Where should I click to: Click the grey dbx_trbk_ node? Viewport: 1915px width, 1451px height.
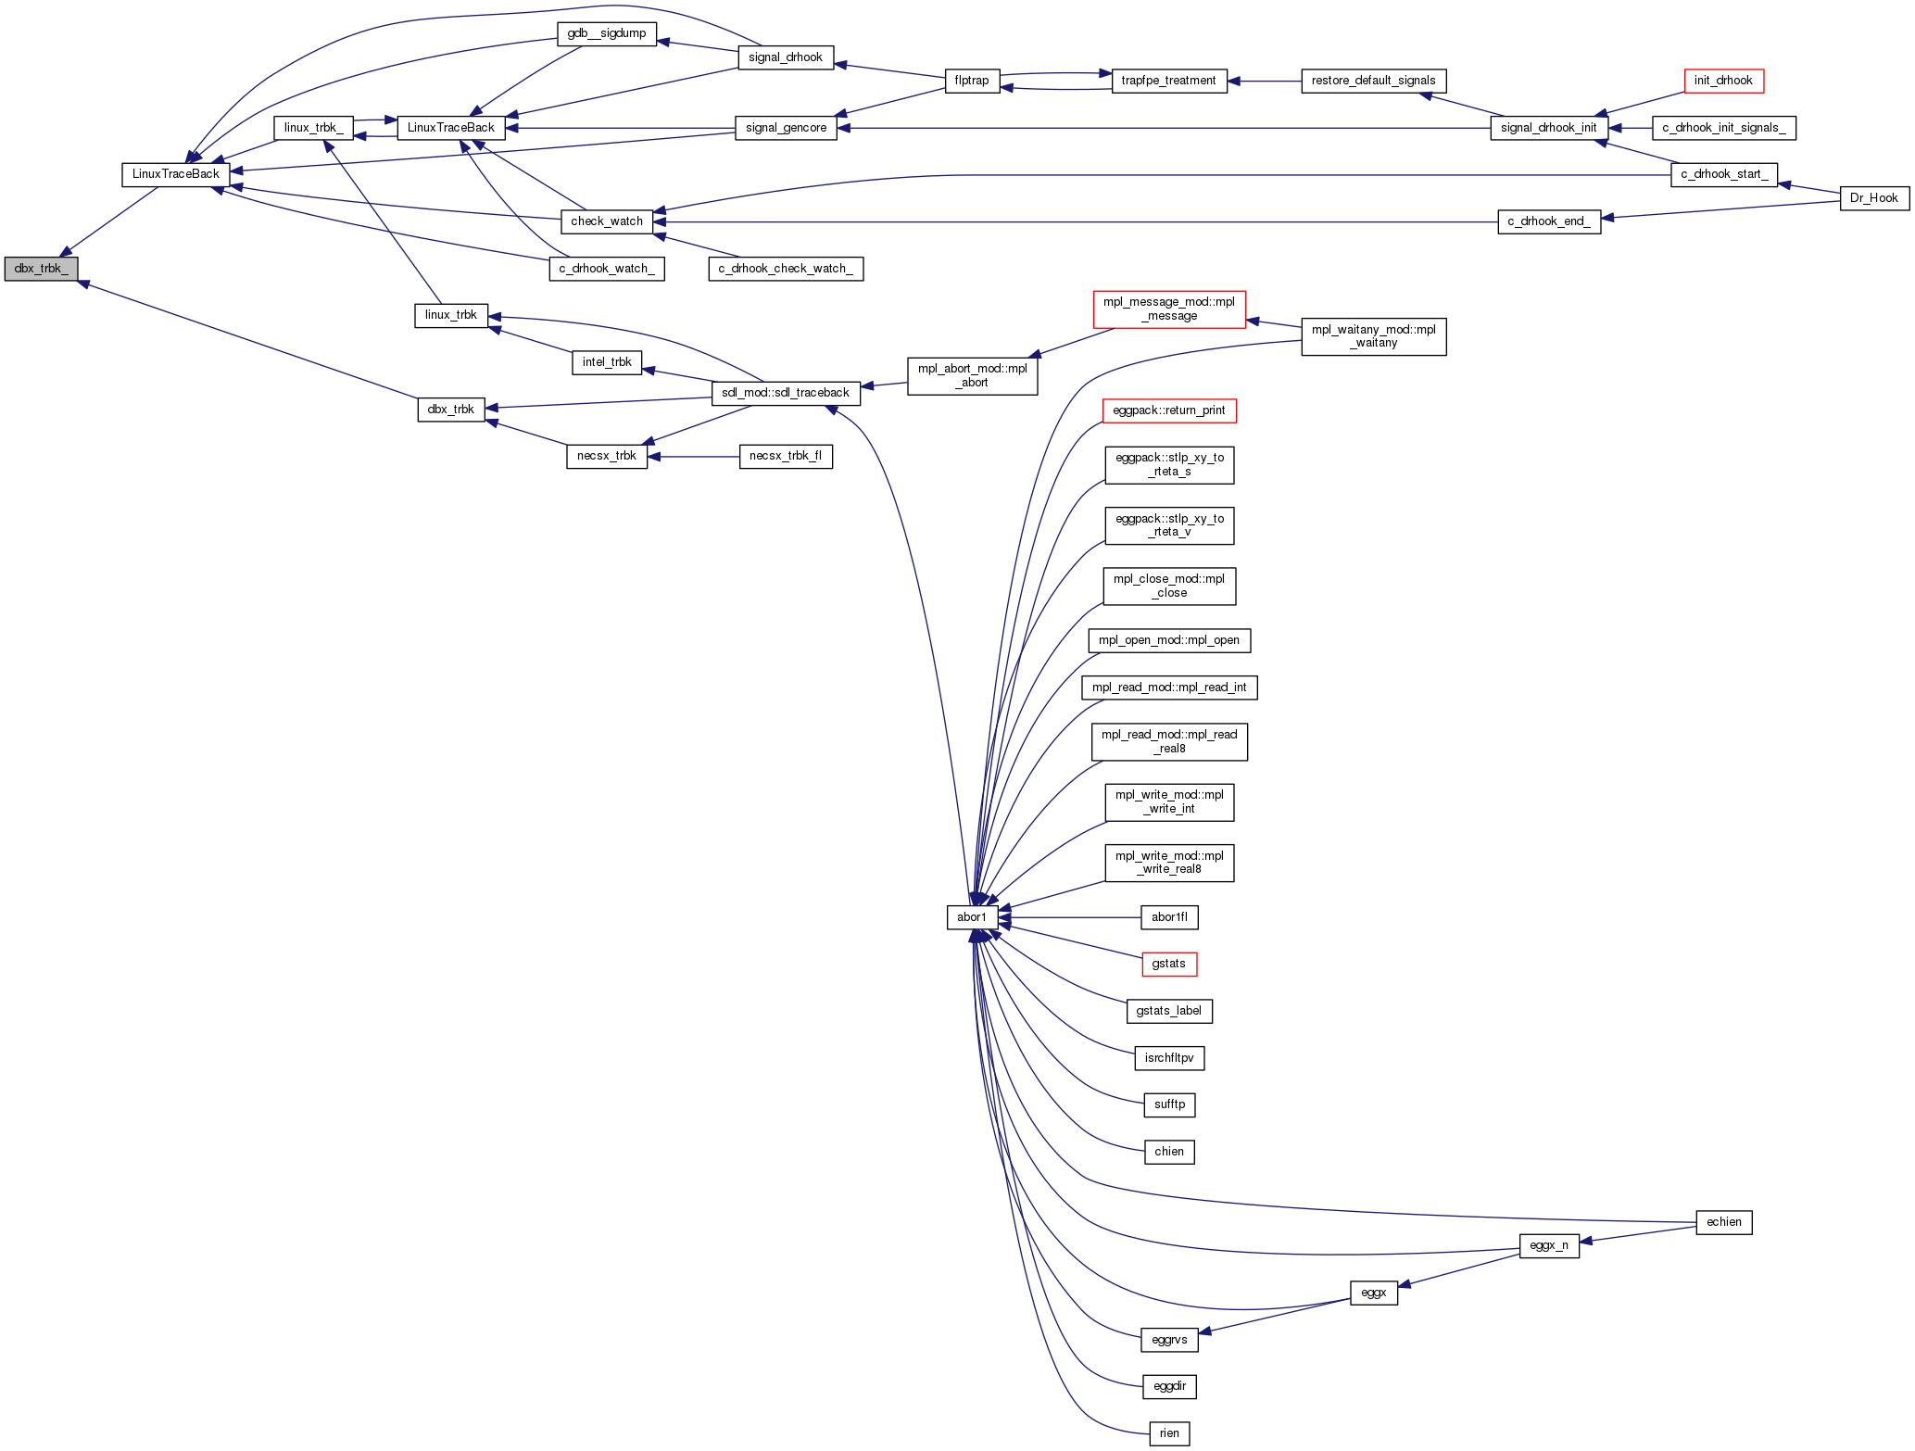41,269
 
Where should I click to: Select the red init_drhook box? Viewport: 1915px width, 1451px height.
1723,81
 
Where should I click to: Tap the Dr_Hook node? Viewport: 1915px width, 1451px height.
1873,198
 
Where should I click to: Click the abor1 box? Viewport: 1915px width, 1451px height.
972,917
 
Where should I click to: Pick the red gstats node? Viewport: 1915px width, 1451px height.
1169,965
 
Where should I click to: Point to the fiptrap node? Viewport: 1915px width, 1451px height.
972,81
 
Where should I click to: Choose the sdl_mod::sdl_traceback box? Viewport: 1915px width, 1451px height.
786,393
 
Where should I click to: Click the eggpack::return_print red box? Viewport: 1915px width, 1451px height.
1169,410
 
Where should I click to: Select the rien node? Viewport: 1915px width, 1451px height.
1169,1433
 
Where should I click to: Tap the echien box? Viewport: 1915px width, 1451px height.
1723,1222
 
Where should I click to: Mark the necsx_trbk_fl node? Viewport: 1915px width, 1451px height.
786,456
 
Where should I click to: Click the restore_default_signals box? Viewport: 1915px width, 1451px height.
1373,81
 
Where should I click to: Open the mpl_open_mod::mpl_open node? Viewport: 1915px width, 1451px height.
1169,640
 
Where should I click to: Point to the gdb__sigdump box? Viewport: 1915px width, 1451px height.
607,33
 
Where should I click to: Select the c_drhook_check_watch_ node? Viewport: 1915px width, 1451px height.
786,269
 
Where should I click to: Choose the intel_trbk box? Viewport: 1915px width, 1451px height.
607,362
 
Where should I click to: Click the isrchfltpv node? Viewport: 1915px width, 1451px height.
1169,1058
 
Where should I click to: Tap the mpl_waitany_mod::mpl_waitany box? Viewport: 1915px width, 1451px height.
1373,336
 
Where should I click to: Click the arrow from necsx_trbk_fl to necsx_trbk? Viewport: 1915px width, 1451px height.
694,457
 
